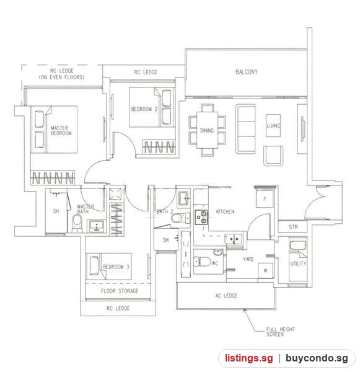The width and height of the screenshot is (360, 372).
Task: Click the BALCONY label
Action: point(247,72)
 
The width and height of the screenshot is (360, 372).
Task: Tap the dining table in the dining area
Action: point(207,130)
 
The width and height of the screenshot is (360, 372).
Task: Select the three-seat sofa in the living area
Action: point(245,129)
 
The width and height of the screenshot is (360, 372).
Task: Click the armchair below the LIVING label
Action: point(273,156)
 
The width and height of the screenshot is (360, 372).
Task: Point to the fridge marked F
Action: point(265,199)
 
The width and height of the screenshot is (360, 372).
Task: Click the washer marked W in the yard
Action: point(265,271)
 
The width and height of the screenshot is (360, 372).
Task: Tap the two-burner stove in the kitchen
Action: point(201,217)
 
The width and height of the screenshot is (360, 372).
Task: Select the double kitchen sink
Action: point(234,239)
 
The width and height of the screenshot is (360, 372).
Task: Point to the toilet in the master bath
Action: point(77,223)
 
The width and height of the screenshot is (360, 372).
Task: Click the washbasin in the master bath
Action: point(97,226)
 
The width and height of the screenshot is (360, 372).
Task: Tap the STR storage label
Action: point(293,227)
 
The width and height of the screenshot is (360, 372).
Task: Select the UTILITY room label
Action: point(298,263)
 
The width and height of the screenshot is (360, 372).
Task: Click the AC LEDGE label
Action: point(226,296)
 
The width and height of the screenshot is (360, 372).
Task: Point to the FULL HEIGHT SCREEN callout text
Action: point(280,332)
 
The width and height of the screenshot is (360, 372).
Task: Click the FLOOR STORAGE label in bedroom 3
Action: point(120,291)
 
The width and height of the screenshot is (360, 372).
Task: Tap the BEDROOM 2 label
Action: point(144,109)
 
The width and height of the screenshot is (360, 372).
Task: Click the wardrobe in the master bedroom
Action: point(53,178)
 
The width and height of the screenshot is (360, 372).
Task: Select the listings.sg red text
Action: point(248,358)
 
